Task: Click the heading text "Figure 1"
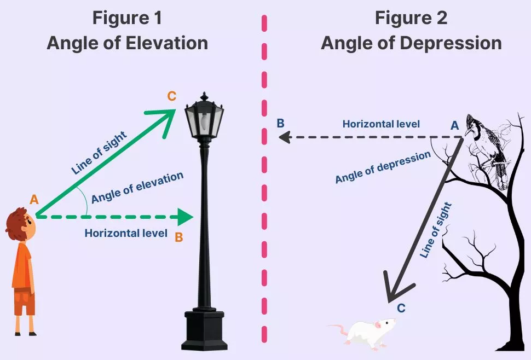coord(127,18)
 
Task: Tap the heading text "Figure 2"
coord(411,18)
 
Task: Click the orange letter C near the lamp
coord(171,96)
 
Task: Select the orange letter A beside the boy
coord(34,200)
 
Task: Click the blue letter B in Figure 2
coord(280,123)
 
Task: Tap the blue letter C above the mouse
coord(401,308)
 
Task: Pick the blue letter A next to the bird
coord(454,126)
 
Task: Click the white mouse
coord(364,331)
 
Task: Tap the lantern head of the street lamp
coord(204,118)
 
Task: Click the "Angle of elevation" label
coord(137,188)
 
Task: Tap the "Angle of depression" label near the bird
coord(383,167)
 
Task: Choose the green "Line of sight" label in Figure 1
coord(99,153)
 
